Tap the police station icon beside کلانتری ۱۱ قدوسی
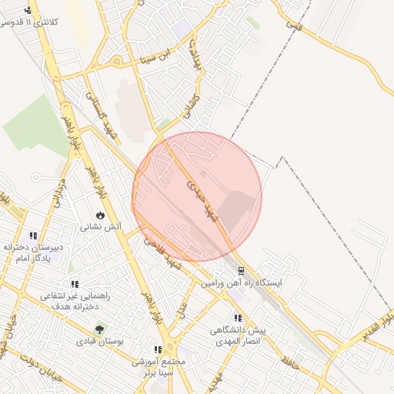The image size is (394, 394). (28, 10)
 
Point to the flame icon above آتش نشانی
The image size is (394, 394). (100, 215)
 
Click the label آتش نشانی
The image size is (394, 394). (98, 229)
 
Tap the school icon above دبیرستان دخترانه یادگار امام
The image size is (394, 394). (33, 235)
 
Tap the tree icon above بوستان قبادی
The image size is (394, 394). (98, 329)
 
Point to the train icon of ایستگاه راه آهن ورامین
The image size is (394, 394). (242, 271)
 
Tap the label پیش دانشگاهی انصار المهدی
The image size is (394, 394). (238, 336)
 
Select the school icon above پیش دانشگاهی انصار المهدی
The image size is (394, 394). (238, 318)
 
